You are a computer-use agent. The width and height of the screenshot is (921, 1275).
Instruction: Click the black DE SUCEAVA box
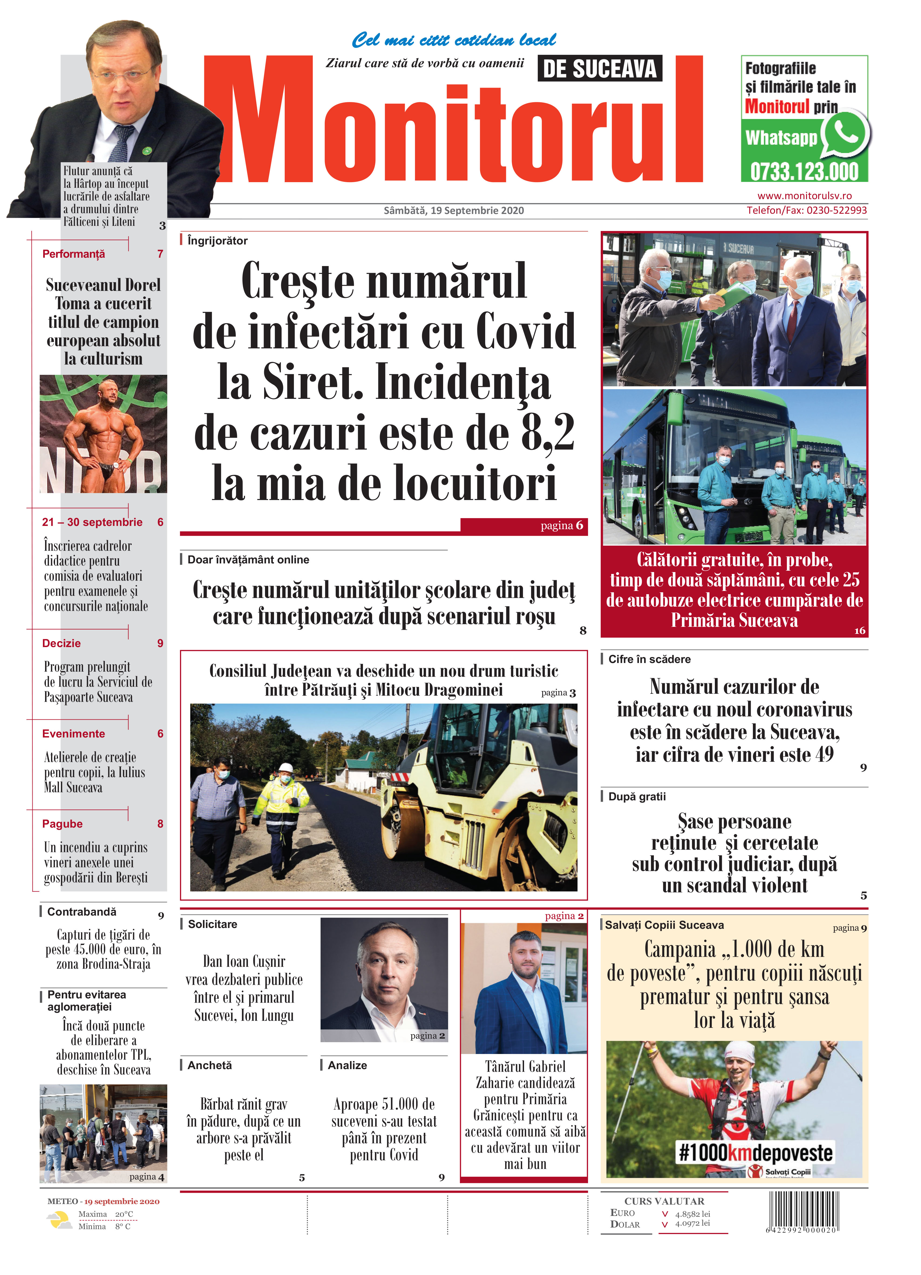pyautogui.click(x=599, y=69)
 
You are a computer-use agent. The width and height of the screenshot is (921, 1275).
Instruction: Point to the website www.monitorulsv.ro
pyautogui.click(x=804, y=196)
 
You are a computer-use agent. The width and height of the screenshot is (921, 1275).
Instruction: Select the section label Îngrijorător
pyautogui.click(x=217, y=241)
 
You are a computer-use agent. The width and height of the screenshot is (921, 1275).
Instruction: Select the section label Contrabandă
pyautogui.click(x=81, y=912)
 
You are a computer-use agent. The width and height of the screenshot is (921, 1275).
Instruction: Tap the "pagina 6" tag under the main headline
pyautogui.click(x=561, y=526)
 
